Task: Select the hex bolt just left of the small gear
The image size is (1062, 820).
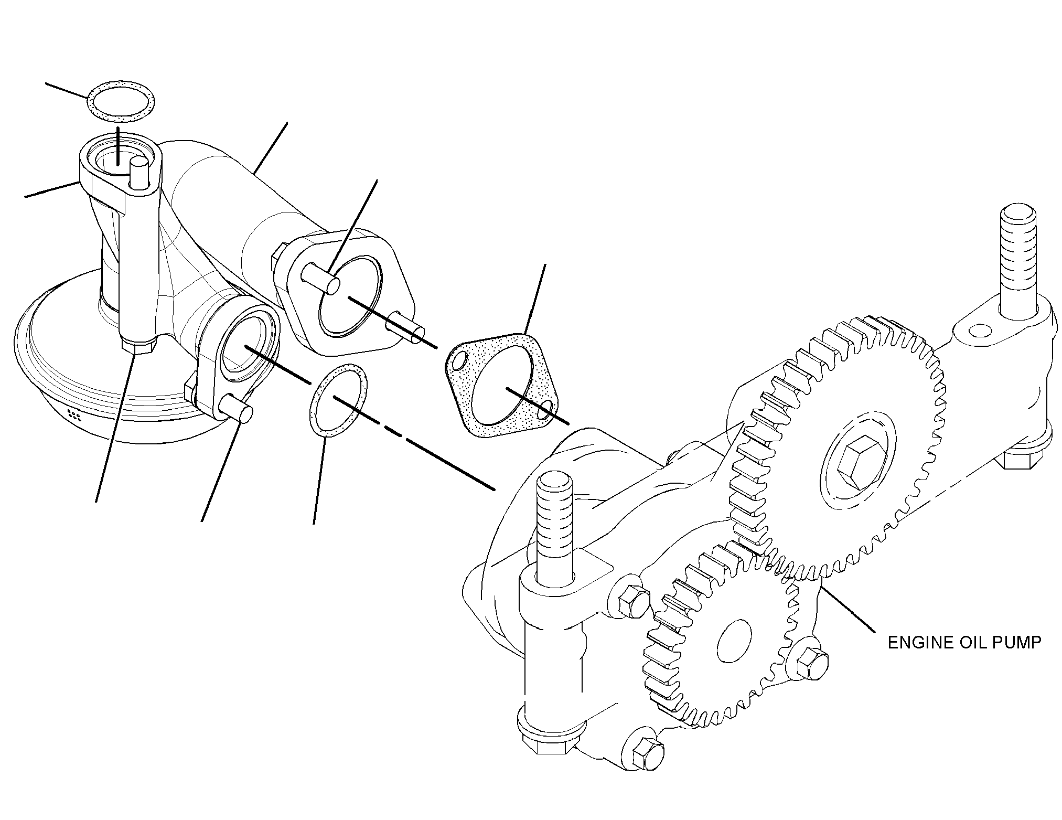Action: tap(634, 602)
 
